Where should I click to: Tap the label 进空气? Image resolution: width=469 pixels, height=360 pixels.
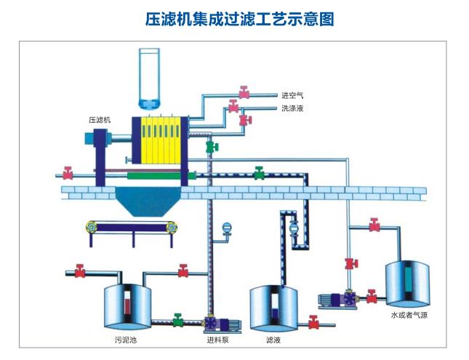coord(292,95)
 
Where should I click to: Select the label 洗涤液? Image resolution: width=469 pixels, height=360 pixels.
coord(292,108)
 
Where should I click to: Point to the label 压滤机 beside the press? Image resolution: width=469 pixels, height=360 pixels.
coord(99,119)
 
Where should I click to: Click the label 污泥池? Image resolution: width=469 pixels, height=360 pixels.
coord(125,340)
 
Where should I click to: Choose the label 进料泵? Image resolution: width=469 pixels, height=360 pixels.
coord(219,340)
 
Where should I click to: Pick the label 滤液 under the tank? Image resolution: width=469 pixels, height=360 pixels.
coord(273,340)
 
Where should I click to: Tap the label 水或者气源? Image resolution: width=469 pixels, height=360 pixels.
coord(409,316)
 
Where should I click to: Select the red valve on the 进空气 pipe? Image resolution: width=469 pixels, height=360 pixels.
coord(244,92)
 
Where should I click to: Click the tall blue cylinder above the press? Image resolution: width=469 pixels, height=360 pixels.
coord(151,76)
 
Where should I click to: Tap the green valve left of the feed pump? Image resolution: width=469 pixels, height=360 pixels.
coord(177,319)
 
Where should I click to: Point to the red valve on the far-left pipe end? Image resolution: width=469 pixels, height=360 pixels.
coord(68,174)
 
